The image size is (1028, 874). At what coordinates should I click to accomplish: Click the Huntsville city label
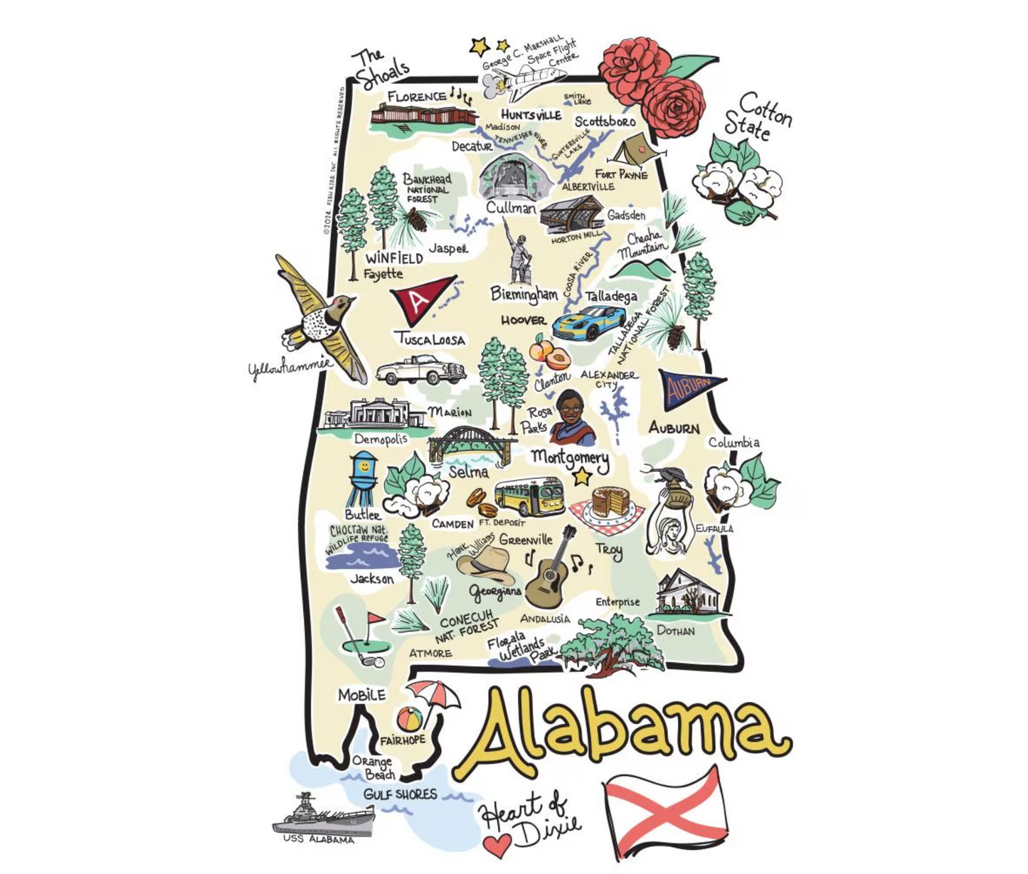(531, 115)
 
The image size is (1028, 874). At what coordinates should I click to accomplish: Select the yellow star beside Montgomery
(583, 476)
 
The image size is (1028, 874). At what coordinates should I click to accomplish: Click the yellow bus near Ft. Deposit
(529, 496)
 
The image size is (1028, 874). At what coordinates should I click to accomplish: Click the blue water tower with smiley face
(363, 478)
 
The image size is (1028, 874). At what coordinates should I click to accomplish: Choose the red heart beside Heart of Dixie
(497, 845)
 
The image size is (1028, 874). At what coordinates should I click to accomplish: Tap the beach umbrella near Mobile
(434, 693)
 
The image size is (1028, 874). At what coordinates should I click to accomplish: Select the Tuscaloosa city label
(430, 339)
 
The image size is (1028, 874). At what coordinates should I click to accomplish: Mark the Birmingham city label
(524, 294)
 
